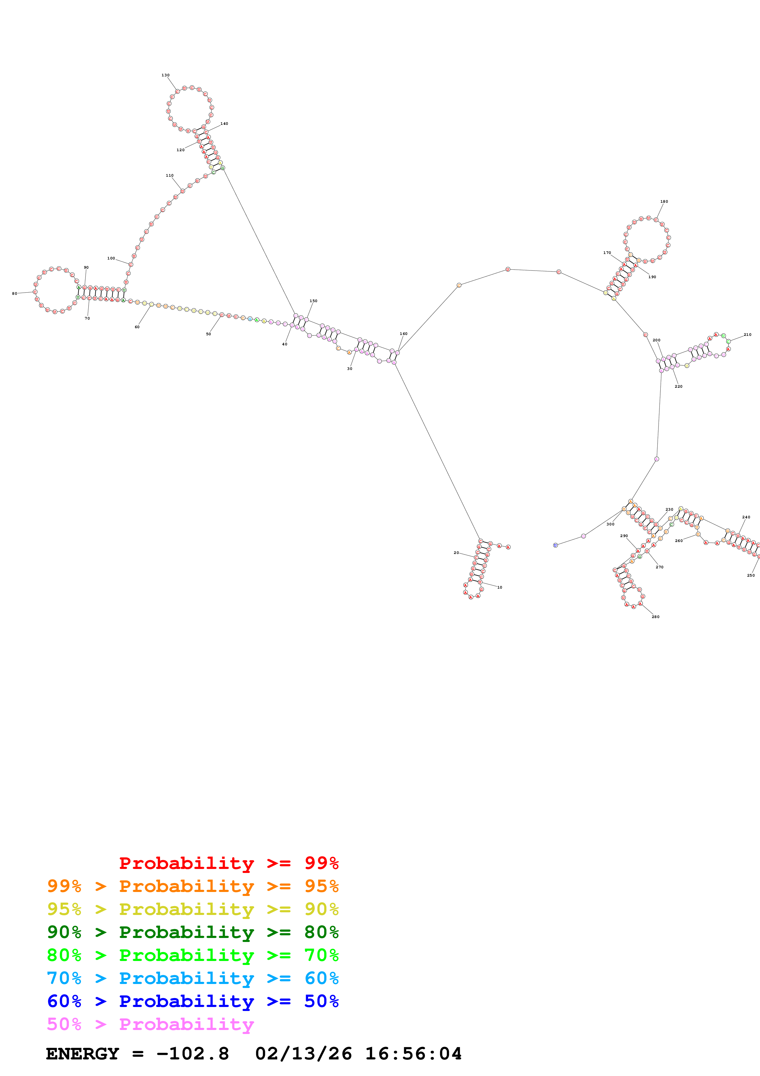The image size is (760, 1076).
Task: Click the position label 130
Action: point(165,75)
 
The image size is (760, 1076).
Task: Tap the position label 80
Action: point(14,293)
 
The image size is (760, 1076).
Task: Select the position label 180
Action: point(664,202)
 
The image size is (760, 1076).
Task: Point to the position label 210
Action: point(747,335)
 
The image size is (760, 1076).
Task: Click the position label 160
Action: point(403,334)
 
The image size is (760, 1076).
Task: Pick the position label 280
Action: point(655,617)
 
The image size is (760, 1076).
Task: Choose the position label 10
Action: point(500,587)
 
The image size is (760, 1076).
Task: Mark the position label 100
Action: point(111,258)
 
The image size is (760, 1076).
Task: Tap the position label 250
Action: point(750,575)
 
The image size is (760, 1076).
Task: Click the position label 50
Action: point(208,334)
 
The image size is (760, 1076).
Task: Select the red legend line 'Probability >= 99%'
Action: point(228,863)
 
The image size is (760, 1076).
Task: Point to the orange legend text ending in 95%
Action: point(193,886)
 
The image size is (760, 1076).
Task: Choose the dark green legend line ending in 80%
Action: point(193,932)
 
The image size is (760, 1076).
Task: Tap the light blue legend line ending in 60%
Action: point(193,978)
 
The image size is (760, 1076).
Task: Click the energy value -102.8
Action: point(193,1054)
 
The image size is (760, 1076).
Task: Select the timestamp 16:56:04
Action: point(413,1054)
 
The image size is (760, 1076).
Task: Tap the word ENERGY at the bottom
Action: point(82,1054)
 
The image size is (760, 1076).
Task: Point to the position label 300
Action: point(610,524)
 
